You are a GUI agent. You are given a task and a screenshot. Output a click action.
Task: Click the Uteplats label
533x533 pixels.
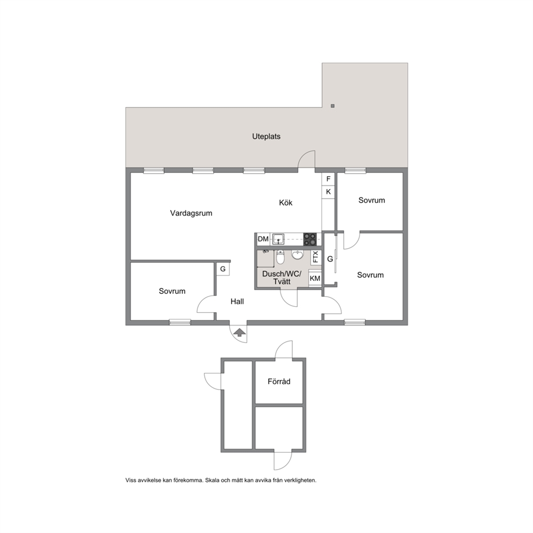[266, 136]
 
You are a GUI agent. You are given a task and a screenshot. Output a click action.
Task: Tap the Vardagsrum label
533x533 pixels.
[191, 213]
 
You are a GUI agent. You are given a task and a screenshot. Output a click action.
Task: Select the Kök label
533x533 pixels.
[285, 203]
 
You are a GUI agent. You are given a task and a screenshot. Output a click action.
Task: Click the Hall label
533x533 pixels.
[237, 301]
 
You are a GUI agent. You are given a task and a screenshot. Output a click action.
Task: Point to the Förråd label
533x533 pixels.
[279, 381]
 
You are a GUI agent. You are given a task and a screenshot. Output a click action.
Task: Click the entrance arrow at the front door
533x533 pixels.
[239, 333]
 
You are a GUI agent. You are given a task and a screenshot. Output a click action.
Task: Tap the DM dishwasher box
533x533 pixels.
[263, 239]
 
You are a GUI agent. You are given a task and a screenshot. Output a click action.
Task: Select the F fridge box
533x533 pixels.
[328, 179]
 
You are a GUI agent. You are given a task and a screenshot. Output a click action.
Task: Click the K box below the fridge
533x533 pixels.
[328, 192]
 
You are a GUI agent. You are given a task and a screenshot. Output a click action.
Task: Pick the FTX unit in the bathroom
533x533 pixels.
[315, 257]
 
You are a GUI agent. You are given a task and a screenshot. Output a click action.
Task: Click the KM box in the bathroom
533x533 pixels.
[315, 278]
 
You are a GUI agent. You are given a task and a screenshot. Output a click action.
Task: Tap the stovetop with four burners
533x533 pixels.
[309, 239]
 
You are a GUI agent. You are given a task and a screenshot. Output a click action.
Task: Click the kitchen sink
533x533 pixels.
[279, 239]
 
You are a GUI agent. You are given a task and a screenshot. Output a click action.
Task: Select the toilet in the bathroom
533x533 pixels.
[280, 257]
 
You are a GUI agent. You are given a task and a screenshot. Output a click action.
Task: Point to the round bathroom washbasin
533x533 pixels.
[298, 255]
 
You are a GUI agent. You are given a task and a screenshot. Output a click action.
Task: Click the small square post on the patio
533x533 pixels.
[333, 106]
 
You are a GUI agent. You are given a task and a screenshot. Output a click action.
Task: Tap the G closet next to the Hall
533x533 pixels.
[223, 269]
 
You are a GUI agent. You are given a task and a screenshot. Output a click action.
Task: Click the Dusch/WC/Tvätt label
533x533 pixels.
[282, 278]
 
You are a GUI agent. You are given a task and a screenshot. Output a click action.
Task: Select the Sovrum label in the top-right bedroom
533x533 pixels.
[371, 200]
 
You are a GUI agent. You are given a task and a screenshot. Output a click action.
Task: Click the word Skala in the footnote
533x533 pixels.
[212, 480]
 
